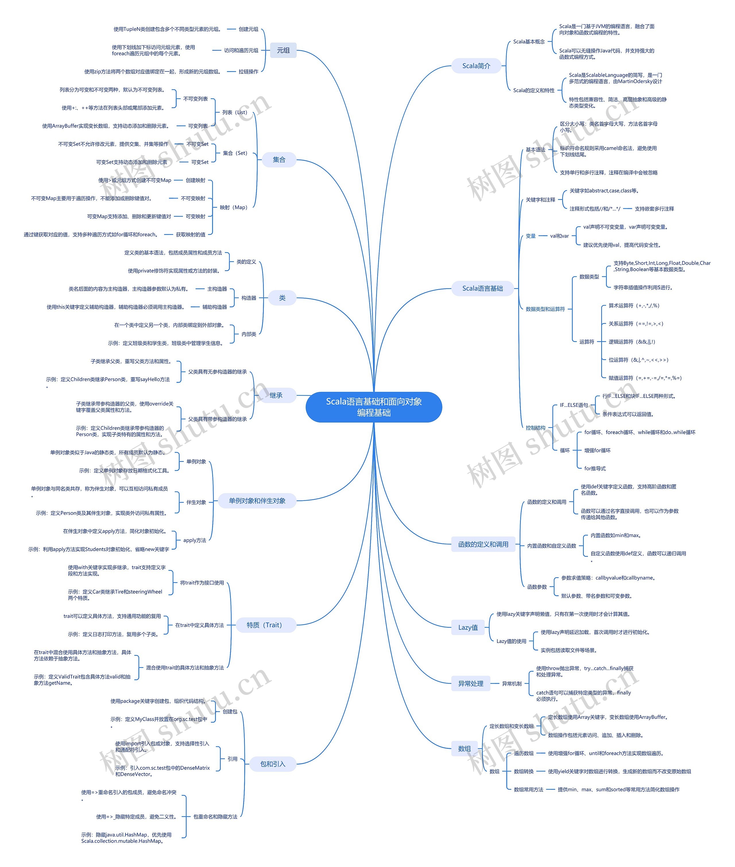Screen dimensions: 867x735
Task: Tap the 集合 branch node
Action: pos(279,160)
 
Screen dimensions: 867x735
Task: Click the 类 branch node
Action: pos(282,298)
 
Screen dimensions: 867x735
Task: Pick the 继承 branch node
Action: pos(276,395)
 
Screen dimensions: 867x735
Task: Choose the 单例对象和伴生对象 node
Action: pos(257,501)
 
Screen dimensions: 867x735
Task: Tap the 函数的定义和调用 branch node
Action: pos(483,544)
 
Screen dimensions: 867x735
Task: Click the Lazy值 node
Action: pos(468,627)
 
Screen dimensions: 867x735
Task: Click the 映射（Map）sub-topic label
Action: pos(233,207)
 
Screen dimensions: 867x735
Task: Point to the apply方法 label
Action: pos(195,540)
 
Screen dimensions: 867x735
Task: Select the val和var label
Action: pos(559,236)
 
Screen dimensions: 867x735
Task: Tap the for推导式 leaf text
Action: pos(595,469)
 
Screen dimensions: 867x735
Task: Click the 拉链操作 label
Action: pos(248,72)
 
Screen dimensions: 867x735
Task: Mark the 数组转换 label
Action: pos(523,771)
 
